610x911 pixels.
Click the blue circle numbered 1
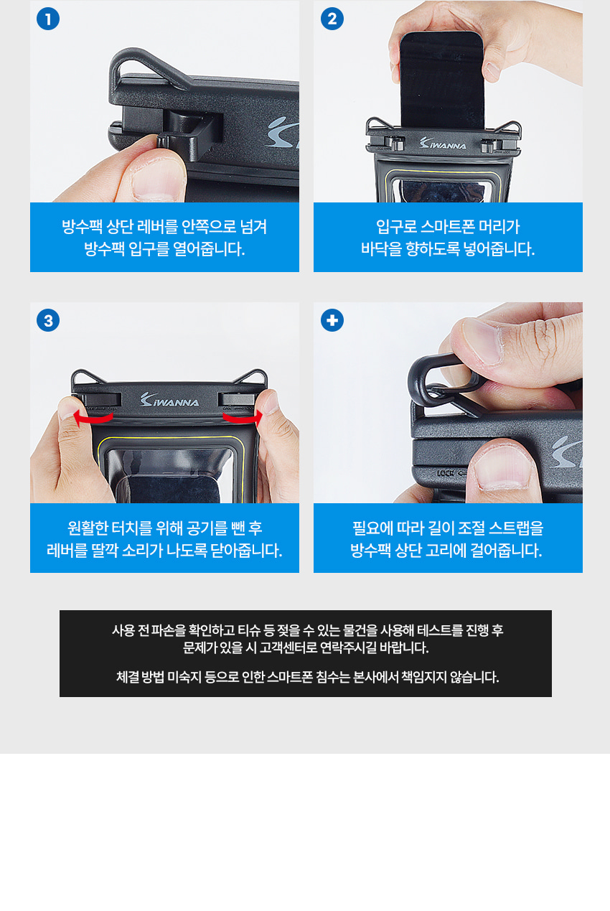[x=48, y=19]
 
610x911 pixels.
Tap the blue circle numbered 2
[x=332, y=19]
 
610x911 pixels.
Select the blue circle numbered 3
[x=48, y=320]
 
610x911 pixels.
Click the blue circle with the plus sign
[x=332, y=320]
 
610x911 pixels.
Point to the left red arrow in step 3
[x=93, y=418]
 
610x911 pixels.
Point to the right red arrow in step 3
[x=243, y=418]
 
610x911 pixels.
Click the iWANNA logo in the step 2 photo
[x=443, y=143]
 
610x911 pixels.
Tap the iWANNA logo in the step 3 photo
[x=169, y=399]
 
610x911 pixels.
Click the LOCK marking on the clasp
[x=446, y=473]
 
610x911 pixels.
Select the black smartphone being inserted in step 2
[x=442, y=80]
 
